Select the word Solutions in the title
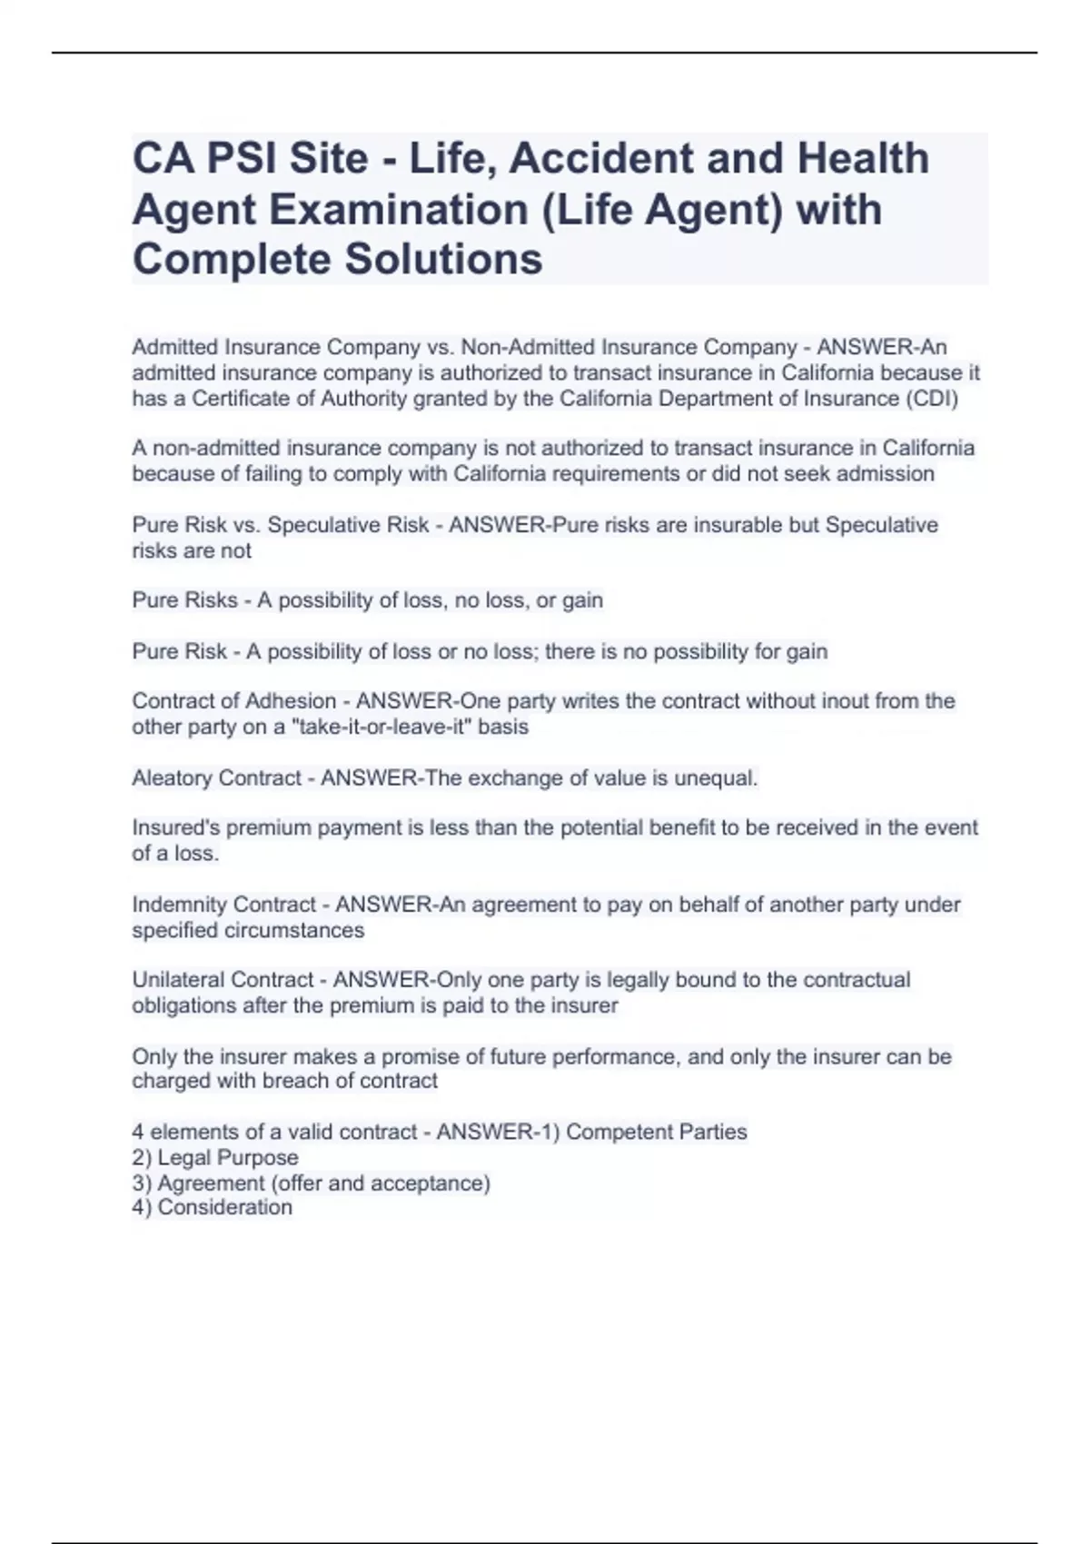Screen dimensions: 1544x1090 pos(442,260)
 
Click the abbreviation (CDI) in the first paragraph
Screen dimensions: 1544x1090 pos(933,399)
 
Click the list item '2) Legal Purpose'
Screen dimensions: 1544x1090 pos(215,1158)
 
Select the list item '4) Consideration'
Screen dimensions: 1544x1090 pos(213,1207)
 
